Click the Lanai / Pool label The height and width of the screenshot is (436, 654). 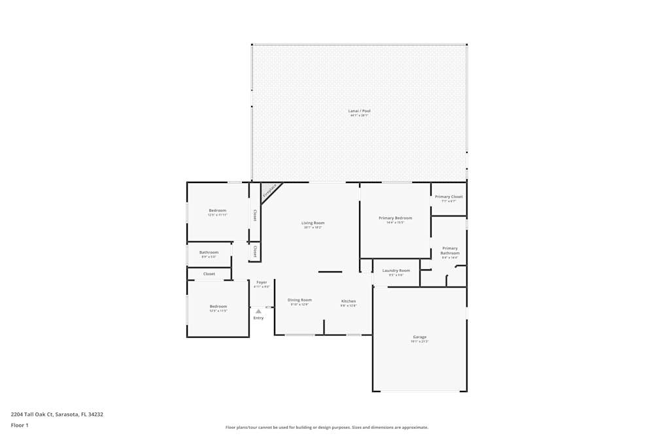click(x=359, y=111)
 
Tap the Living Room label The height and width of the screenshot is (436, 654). click(x=313, y=223)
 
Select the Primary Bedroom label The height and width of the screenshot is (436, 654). click(x=395, y=218)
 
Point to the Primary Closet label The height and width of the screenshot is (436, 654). click(x=449, y=197)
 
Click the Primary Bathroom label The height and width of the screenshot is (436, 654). click(x=450, y=250)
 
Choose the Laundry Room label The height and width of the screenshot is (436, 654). click(x=396, y=271)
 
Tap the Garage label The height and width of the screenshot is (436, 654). click(x=419, y=337)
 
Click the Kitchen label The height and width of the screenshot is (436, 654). click(x=348, y=301)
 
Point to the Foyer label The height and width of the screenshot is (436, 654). click(x=262, y=282)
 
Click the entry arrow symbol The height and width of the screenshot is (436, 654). click(x=258, y=311)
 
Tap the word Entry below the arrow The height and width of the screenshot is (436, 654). click(x=258, y=318)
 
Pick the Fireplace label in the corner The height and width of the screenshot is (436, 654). click(x=269, y=190)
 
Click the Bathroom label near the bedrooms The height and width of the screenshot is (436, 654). click(x=209, y=252)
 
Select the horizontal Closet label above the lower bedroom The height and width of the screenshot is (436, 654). click(x=209, y=274)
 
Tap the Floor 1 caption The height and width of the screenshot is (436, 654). click(x=20, y=425)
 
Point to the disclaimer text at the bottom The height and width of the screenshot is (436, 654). click(x=326, y=428)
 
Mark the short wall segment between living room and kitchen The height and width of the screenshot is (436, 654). click(x=330, y=271)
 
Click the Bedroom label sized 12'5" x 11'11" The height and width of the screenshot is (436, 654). click(x=217, y=210)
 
